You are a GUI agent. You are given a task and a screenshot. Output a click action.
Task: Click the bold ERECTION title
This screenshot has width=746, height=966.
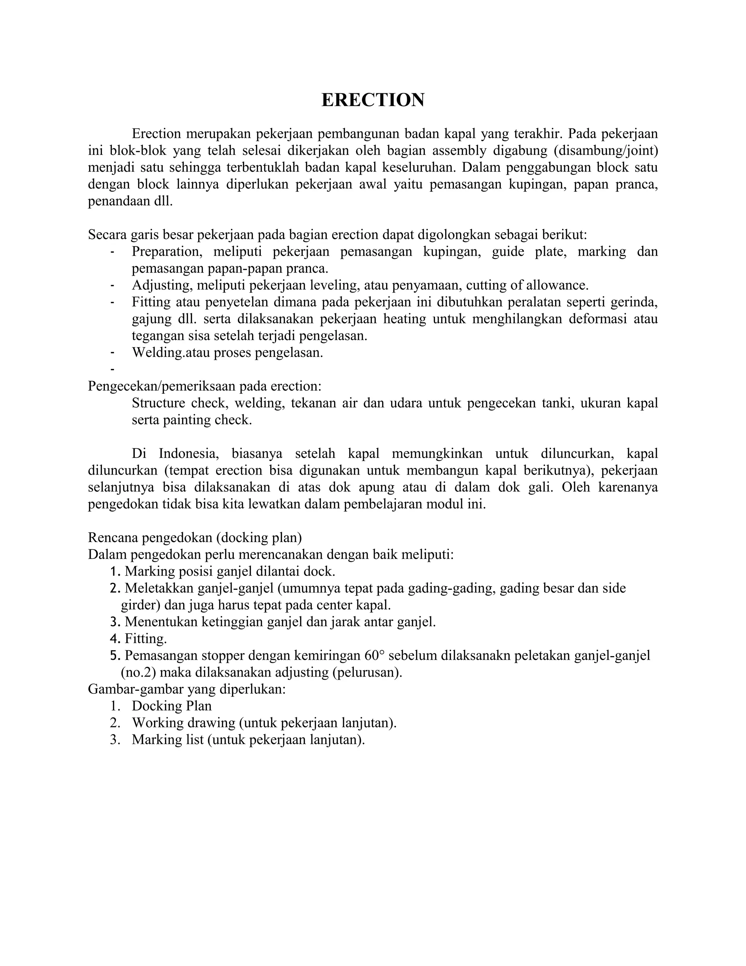point(373,100)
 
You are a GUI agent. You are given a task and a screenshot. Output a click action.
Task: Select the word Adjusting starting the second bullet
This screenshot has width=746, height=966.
point(162,285)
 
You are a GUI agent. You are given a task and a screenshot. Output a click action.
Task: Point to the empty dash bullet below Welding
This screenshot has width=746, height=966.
point(113,369)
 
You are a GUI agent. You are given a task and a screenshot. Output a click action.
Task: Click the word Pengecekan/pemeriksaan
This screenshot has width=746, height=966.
point(163,386)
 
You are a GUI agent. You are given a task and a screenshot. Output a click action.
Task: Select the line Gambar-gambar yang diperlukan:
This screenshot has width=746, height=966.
point(186,689)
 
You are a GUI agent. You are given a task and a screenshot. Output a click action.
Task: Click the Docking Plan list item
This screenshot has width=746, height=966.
point(172,706)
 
